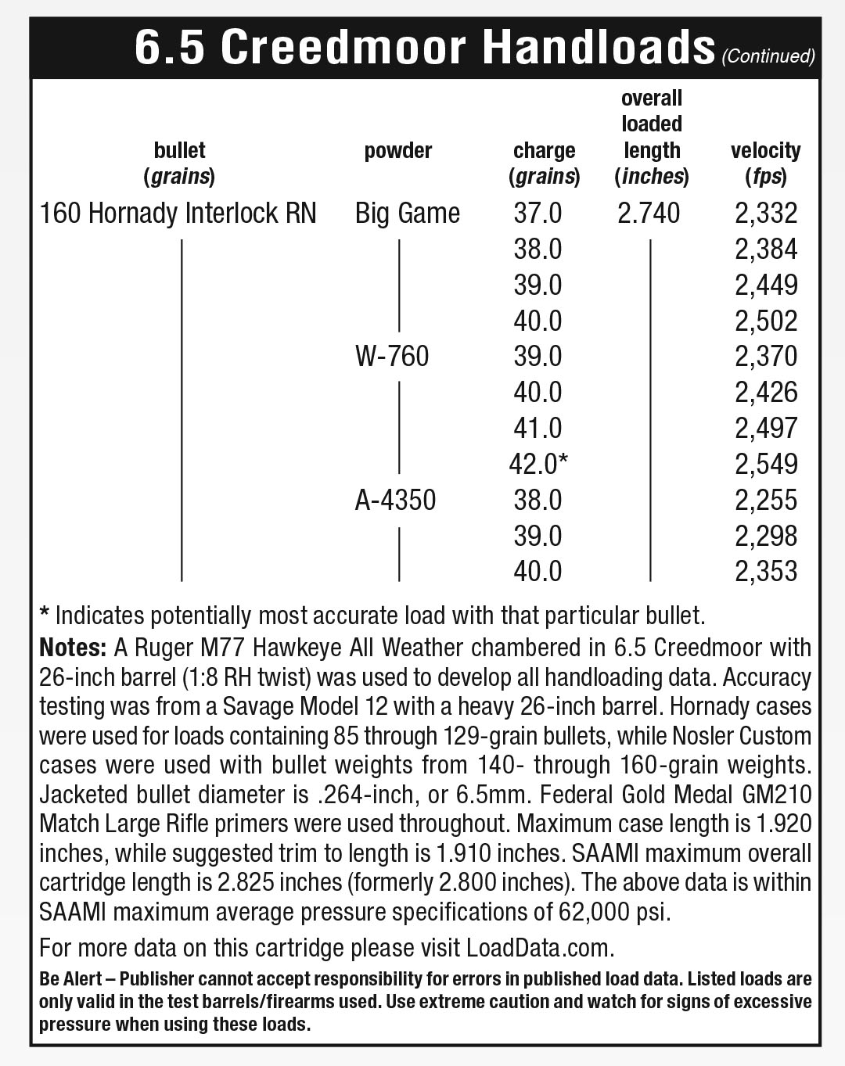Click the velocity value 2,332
point(766,213)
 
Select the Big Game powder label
point(407,213)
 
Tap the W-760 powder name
point(391,357)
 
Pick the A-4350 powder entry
point(395,500)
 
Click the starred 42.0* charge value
point(538,464)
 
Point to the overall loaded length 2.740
point(649,213)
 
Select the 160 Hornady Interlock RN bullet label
point(178,213)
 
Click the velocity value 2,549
point(766,464)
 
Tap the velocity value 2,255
point(766,500)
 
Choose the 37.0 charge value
point(538,213)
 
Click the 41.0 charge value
point(538,428)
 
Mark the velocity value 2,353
point(766,571)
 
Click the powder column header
point(398,150)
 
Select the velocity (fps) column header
point(766,163)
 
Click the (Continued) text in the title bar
point(768,56)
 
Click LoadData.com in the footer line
point(538,948)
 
